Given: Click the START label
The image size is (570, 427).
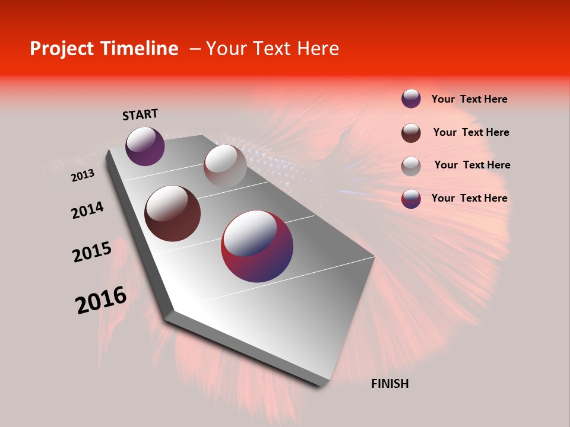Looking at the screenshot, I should pos(140,114).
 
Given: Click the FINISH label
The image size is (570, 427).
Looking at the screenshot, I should pos(389,384).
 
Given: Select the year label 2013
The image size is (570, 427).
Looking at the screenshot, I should pos(83,176).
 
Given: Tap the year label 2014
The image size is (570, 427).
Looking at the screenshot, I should pos(87,211).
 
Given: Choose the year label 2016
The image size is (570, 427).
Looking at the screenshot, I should pos(101,300).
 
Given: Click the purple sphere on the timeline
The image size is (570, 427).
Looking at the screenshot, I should pos(145,146).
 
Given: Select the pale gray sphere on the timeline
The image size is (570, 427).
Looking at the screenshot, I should pos(225,165).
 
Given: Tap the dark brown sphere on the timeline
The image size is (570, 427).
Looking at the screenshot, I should pos(173,213).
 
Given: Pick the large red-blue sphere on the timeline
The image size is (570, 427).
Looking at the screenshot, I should pos(257,246).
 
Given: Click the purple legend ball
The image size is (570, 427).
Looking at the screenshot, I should pos(411,98).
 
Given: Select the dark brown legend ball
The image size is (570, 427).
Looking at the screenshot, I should pos(411,132).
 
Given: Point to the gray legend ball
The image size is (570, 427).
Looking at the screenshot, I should pos(411,165).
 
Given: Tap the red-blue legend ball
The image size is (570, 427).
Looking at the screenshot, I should pos(411,199).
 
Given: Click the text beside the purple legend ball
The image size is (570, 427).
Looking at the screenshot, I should pos(469,99).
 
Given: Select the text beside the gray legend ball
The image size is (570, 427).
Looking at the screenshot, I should pos(472,165).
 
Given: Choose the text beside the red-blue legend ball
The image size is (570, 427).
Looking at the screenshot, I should pos(469,198).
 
